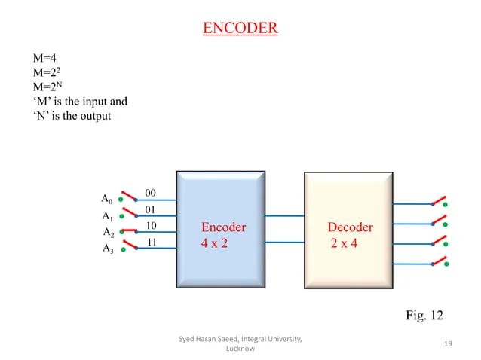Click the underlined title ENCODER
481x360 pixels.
click(x=240, y=29)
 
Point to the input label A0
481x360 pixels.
click(x=106, y=199)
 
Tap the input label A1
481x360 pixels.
click(x=106, y=216)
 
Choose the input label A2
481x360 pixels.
click(x=108, y=233)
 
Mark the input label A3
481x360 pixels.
click(x=107, y=250)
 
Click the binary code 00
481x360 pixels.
click(x=150, y=193)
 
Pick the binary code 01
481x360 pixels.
click(x=150, y=209)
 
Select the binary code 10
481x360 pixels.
click(x=151, y=226)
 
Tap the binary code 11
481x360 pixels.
click(x=151, y=243)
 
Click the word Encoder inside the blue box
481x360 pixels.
click(x=223, y=227)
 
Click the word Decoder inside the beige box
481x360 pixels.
click(x=350, y=227)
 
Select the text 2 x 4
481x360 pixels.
click(x=344, y=244)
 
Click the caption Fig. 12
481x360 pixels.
click(x=424, y=314)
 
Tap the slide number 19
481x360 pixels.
click(x=448, y=344)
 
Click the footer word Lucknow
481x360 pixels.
click(x=240, y=349)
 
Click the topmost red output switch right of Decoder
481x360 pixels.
click(x=437, y=201)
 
